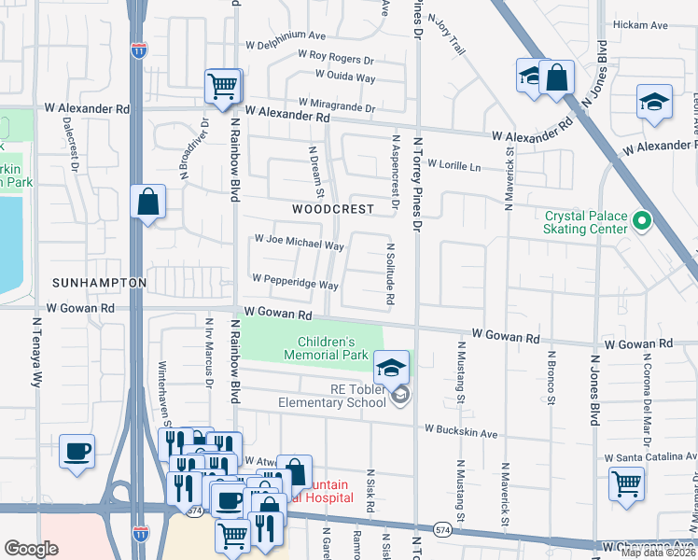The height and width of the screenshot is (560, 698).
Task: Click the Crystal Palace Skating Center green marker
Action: pos(641,221)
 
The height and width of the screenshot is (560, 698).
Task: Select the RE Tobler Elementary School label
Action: pos(331,396)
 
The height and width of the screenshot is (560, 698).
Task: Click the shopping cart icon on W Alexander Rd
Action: pos(223,86)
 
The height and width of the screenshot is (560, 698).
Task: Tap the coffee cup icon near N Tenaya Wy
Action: pos(77,451)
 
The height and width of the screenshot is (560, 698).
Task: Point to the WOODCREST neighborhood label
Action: pos(332,210)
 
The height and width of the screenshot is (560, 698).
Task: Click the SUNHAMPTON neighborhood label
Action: pos(100,282)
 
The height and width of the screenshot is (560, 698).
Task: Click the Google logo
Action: pos(31,548)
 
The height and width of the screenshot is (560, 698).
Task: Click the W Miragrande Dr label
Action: pos(336,103)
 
